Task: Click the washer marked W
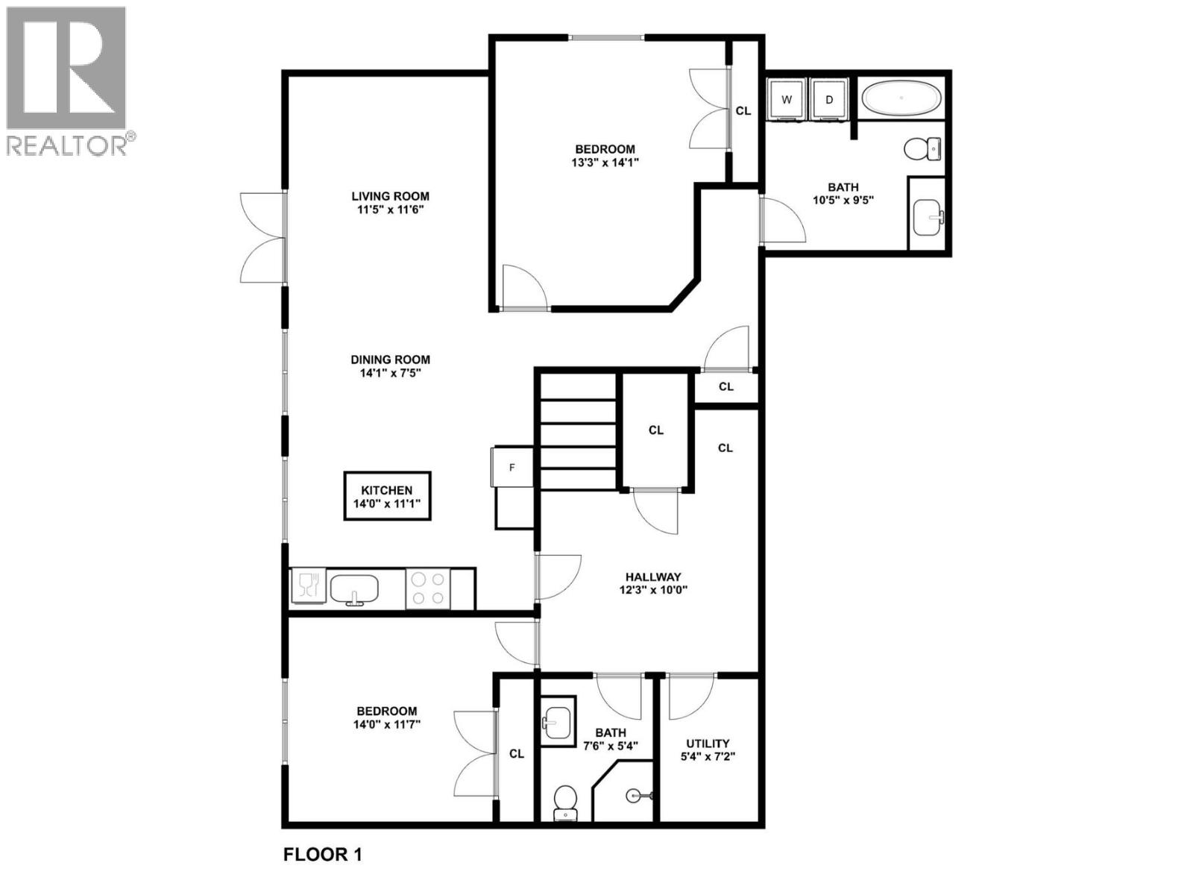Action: [786, 99]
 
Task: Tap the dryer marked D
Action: [828, 99]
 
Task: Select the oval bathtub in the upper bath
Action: [901, 98]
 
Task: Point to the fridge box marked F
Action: [512, 468]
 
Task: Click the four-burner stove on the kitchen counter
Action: [428, 588]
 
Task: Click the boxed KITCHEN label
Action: [387, 497]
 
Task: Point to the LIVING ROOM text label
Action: [390, 196]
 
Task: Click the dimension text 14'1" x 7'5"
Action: [391, 373]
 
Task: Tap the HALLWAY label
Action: [653, 577]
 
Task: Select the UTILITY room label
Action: [708, 743]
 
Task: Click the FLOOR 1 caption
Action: [322, 855]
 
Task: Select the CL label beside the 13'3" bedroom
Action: [743, 110]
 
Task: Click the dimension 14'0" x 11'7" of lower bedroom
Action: [386, 724]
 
